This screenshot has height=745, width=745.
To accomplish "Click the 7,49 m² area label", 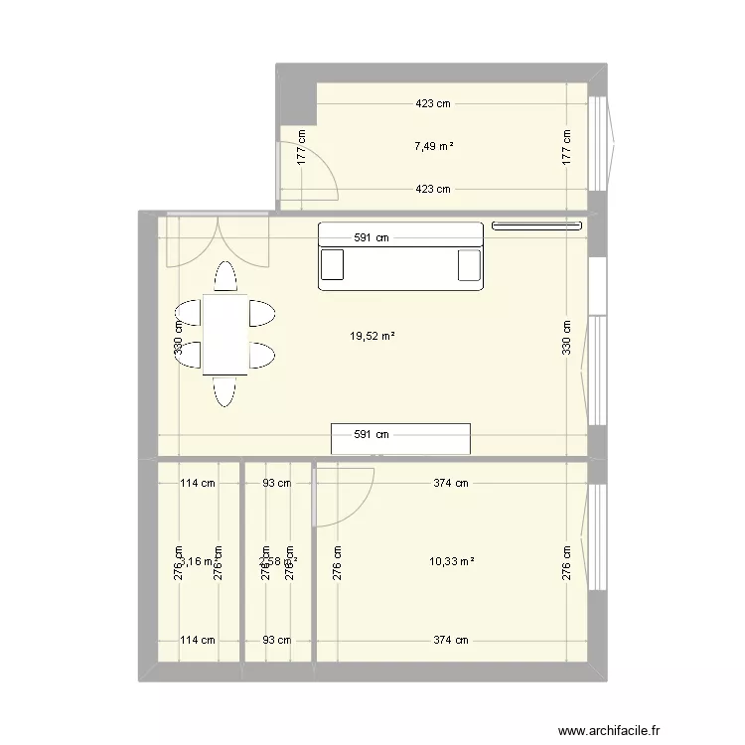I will pyautogui.click(x=434, y=146).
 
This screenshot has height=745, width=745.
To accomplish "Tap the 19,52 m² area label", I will pyautogui.click(x=372, y=336).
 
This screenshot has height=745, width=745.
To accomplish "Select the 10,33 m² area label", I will pyautogui.click(x=451, y=561).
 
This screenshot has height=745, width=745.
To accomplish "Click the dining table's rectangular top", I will pyautogui.click(x=225, y=334).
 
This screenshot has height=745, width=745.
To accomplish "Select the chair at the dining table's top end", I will pyautogui.click(x=225, y=277).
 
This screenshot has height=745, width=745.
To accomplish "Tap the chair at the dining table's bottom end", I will pyautogui.click(x=225, y=391).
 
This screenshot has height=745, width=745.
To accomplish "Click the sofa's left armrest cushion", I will pyautogui.click(x=333, y=265).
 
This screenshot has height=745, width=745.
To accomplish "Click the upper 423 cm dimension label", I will pyautogui.click(x=434, y=103).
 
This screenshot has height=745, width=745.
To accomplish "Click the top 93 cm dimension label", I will pyautogui.click(x=276, y=484).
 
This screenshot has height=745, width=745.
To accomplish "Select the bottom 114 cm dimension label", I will pyautogui.click(x=198, y=640).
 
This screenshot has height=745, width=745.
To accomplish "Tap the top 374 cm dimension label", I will pyautogui.click(x=450, y=484).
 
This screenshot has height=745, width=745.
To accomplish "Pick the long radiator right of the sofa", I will pyautogui.click(x=536, y=225).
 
